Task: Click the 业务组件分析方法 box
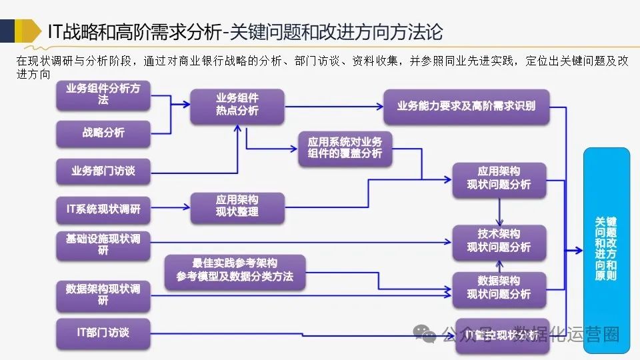point(103,94)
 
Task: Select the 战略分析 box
point(103,132)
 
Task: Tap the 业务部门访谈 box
point(103,171)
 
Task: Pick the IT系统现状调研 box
point(103,209)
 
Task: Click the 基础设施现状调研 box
point(103,244)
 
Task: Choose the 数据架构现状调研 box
point(103,295)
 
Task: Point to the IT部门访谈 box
point(103,332)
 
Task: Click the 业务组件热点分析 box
point(237,105)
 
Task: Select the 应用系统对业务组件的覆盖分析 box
point(345,148)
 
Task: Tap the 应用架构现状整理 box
point(237,206)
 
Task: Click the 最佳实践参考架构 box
point(235,270)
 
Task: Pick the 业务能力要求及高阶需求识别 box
point(466,105)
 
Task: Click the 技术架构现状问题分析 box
point(499,241)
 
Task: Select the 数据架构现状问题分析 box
point(499,287)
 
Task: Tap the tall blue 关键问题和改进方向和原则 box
point(606,247)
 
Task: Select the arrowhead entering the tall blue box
point(579,250)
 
